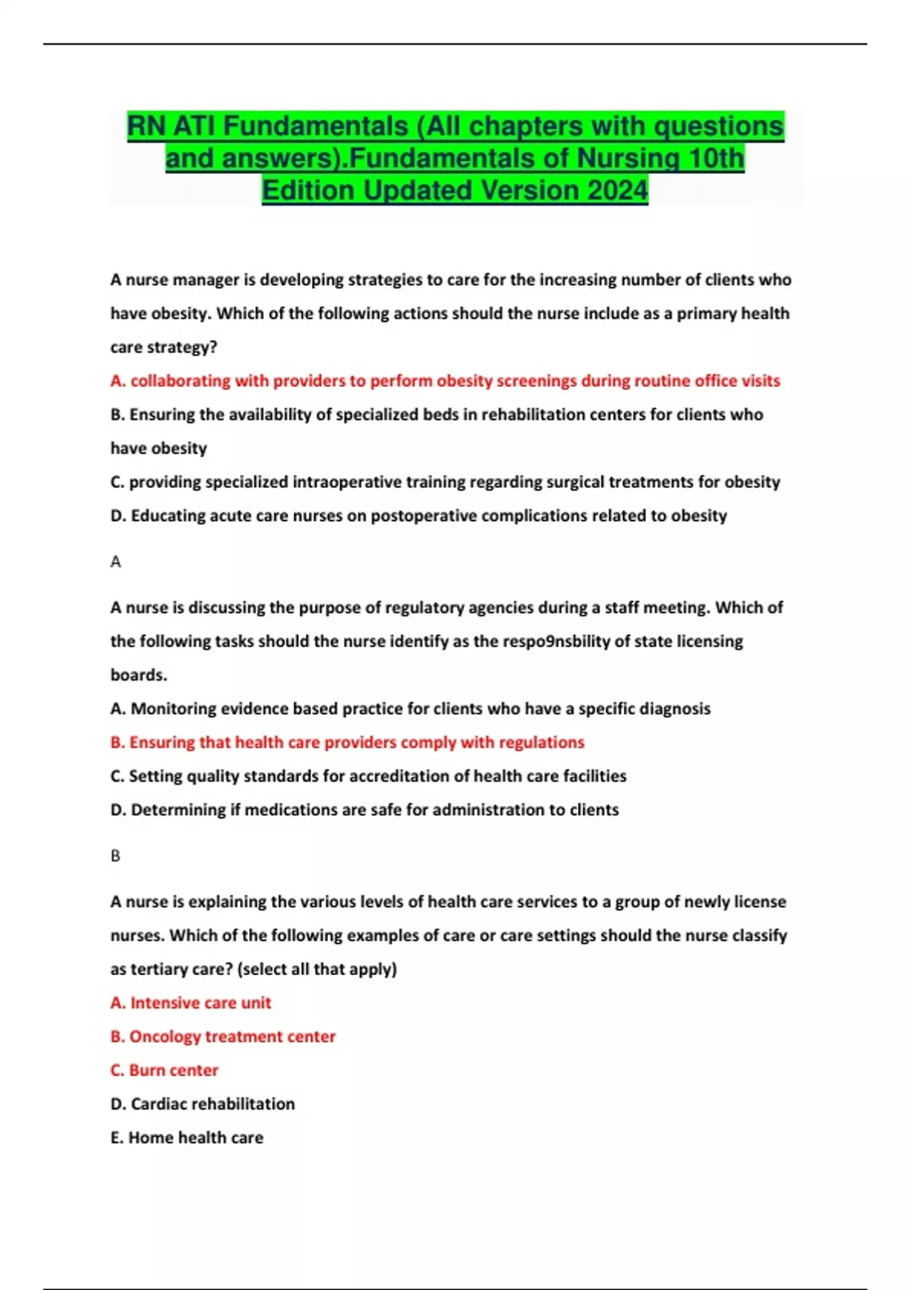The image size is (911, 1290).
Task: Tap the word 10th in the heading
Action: [x=716, y=158]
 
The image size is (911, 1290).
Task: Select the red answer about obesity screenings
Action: [x=445, y=381]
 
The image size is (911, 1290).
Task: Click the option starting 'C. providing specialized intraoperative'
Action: [x=445, y=482]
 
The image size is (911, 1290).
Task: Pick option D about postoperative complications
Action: [x=418, y=516]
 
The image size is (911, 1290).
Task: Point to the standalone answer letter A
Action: [x=115, y=562]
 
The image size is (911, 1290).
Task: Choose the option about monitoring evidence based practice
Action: [x=410, y=709]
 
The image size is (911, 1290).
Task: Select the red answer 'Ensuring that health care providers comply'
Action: [x=347, y=742]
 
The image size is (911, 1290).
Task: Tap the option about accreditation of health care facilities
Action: [x=368, y=776]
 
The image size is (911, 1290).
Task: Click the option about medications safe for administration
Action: [x=364, y=810]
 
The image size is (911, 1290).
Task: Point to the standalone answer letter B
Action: [x=115, y=856]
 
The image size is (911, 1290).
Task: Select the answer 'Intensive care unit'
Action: [x=191, y=1003]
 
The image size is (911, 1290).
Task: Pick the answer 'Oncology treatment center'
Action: [x=222, y=1037]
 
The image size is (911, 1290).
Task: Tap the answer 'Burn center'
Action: [x=164, y=1070]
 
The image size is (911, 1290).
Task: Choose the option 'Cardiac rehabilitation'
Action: [x=202, y=1104]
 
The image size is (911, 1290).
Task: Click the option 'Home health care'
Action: [x=187, y=1137]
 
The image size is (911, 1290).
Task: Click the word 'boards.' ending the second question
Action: [x=139, y=675]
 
